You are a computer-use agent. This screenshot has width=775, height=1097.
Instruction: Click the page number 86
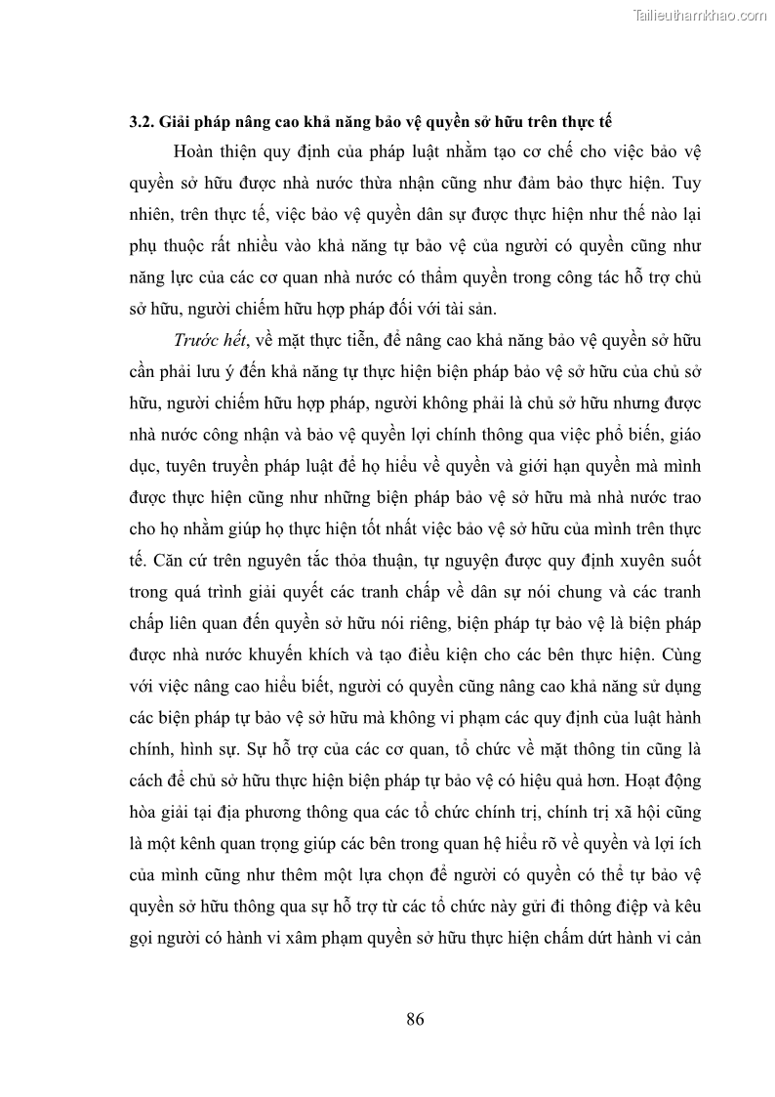(x=415, y=1020)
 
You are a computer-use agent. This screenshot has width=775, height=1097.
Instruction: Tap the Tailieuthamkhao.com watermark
(x=701, y=15)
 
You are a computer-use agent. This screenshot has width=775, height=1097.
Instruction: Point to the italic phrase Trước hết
(x=210, y=339)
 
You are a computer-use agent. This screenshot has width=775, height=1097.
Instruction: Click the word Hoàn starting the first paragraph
(x=195, y=154)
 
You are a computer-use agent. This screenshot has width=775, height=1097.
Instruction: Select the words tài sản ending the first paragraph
(x=471, y=309)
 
